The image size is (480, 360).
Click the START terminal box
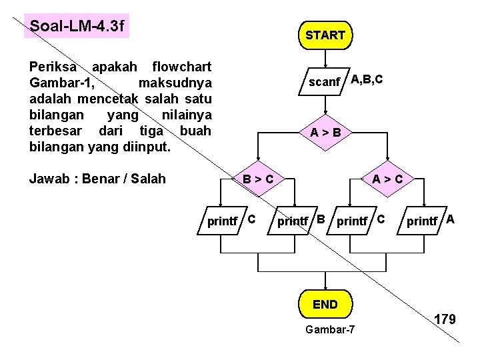click(x=325, y=35)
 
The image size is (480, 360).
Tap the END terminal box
click(x=325, y=305)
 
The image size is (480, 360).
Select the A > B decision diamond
click(x=325, y=132)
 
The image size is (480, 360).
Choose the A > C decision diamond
click(x=387, y=178)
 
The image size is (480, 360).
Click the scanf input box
click(x=325, y=82)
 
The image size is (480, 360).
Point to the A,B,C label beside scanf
click(x=367, y=79)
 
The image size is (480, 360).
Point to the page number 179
click(x=445, y=319)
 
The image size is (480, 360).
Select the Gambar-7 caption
click(x=329, y=329)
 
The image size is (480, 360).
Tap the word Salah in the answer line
click(x=150, y=178)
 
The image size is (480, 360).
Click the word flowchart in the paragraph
click(x=182, y=67)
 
